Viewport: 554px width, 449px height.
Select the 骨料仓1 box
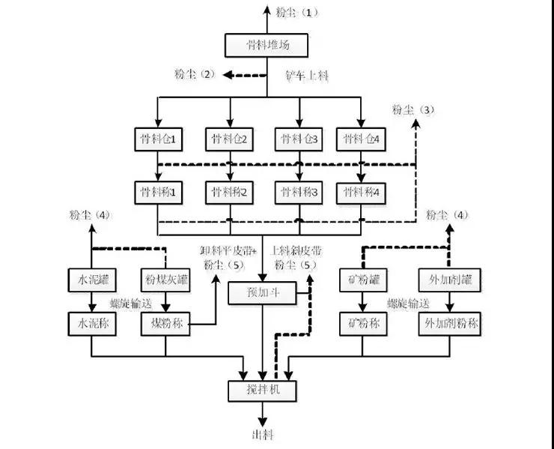coord(156,139)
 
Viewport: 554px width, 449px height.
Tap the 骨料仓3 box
coord(298,139)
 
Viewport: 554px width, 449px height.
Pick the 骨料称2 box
coord(229,192)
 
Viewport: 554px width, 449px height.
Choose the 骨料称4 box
coord(363,192)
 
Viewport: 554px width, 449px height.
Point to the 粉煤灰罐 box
coord(164,280)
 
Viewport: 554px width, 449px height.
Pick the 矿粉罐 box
coord(365,280)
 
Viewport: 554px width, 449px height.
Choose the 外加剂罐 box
coord(450,280)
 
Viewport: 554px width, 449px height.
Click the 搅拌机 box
coord(261,391)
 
